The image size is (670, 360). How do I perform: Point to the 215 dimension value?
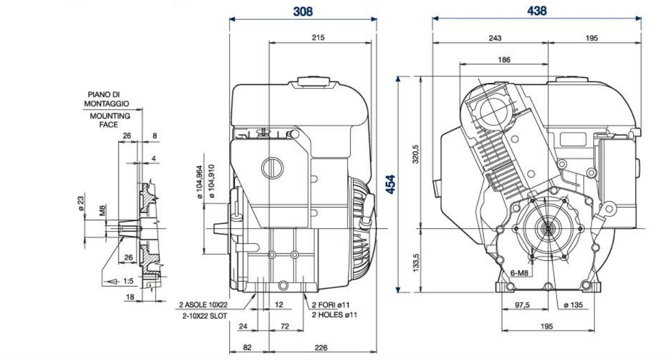[317, 38]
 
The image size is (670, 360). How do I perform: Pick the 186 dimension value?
[504, 60]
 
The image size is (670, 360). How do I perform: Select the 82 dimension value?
[248, 348]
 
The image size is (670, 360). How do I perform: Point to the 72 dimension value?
[284, 327]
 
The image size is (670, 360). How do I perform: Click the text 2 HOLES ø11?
[334, 315]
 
